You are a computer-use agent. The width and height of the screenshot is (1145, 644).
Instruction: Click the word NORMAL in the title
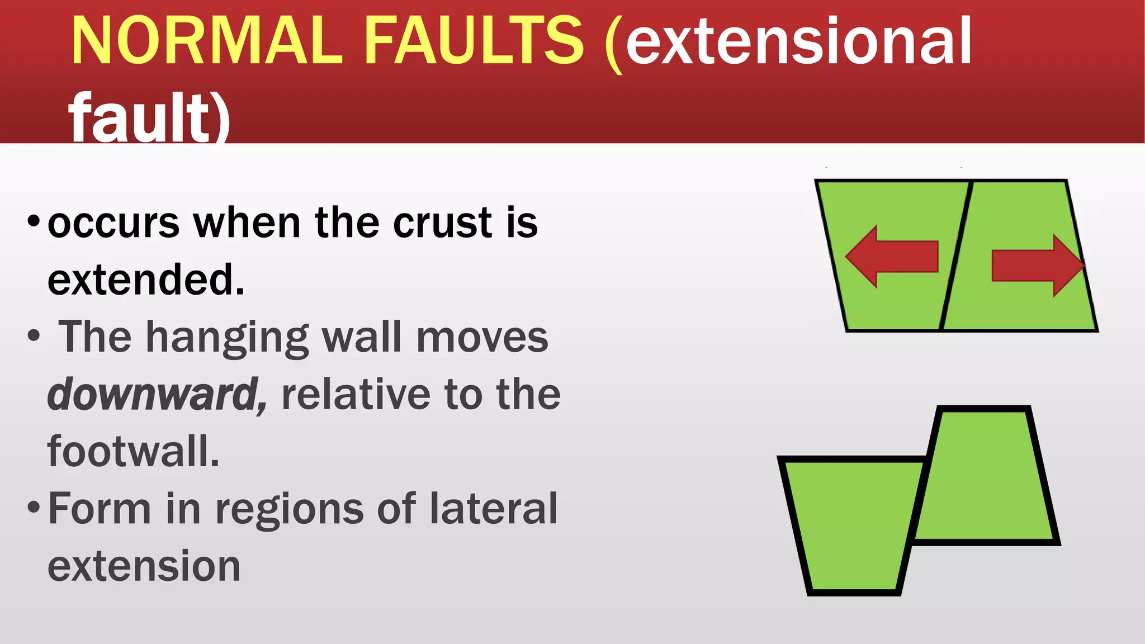[207, 40]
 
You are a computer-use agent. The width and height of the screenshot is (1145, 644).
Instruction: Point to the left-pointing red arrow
[891, 257]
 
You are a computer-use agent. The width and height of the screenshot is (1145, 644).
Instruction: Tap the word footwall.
[133, 452]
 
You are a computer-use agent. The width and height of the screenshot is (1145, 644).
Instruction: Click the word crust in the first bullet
[442, 223]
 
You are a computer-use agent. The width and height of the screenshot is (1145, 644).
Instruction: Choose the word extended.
[146, 280]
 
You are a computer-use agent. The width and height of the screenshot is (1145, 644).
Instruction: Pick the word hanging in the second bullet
[227, 338]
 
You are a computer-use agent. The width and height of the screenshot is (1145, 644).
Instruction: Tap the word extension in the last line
[144, 567]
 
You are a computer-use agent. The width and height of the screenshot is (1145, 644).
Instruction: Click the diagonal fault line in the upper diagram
[955, 255]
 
